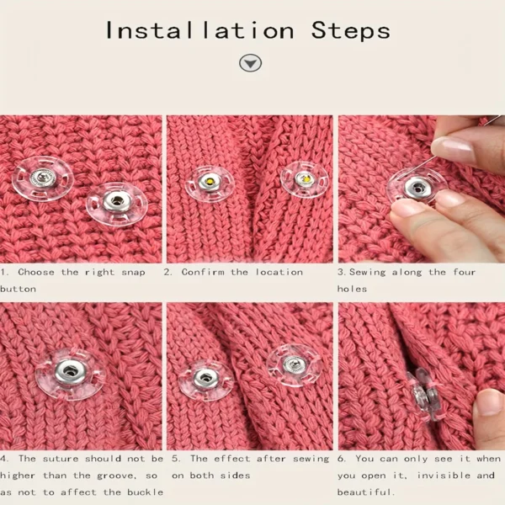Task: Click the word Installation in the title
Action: coord(199,31)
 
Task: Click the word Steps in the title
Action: coord(351,31)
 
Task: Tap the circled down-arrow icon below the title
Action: coord(250,63)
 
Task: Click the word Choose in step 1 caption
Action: coord(36,272)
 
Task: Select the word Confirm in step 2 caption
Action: coord(203,272)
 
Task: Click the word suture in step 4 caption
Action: coord(61,459)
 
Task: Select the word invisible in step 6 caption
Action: coord(444,476)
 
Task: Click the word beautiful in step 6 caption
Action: coord(365,492)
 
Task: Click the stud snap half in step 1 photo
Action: coord(43,178)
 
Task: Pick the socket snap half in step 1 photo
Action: coord(117,205)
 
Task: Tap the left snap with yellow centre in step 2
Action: coord(210,183)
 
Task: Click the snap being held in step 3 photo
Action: coord(417,187)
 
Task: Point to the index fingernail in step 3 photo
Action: coord(453,149)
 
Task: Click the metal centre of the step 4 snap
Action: coord(70,372)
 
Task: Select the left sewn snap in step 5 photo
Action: coord(205,380)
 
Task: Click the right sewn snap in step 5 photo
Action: coord(295,365)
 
